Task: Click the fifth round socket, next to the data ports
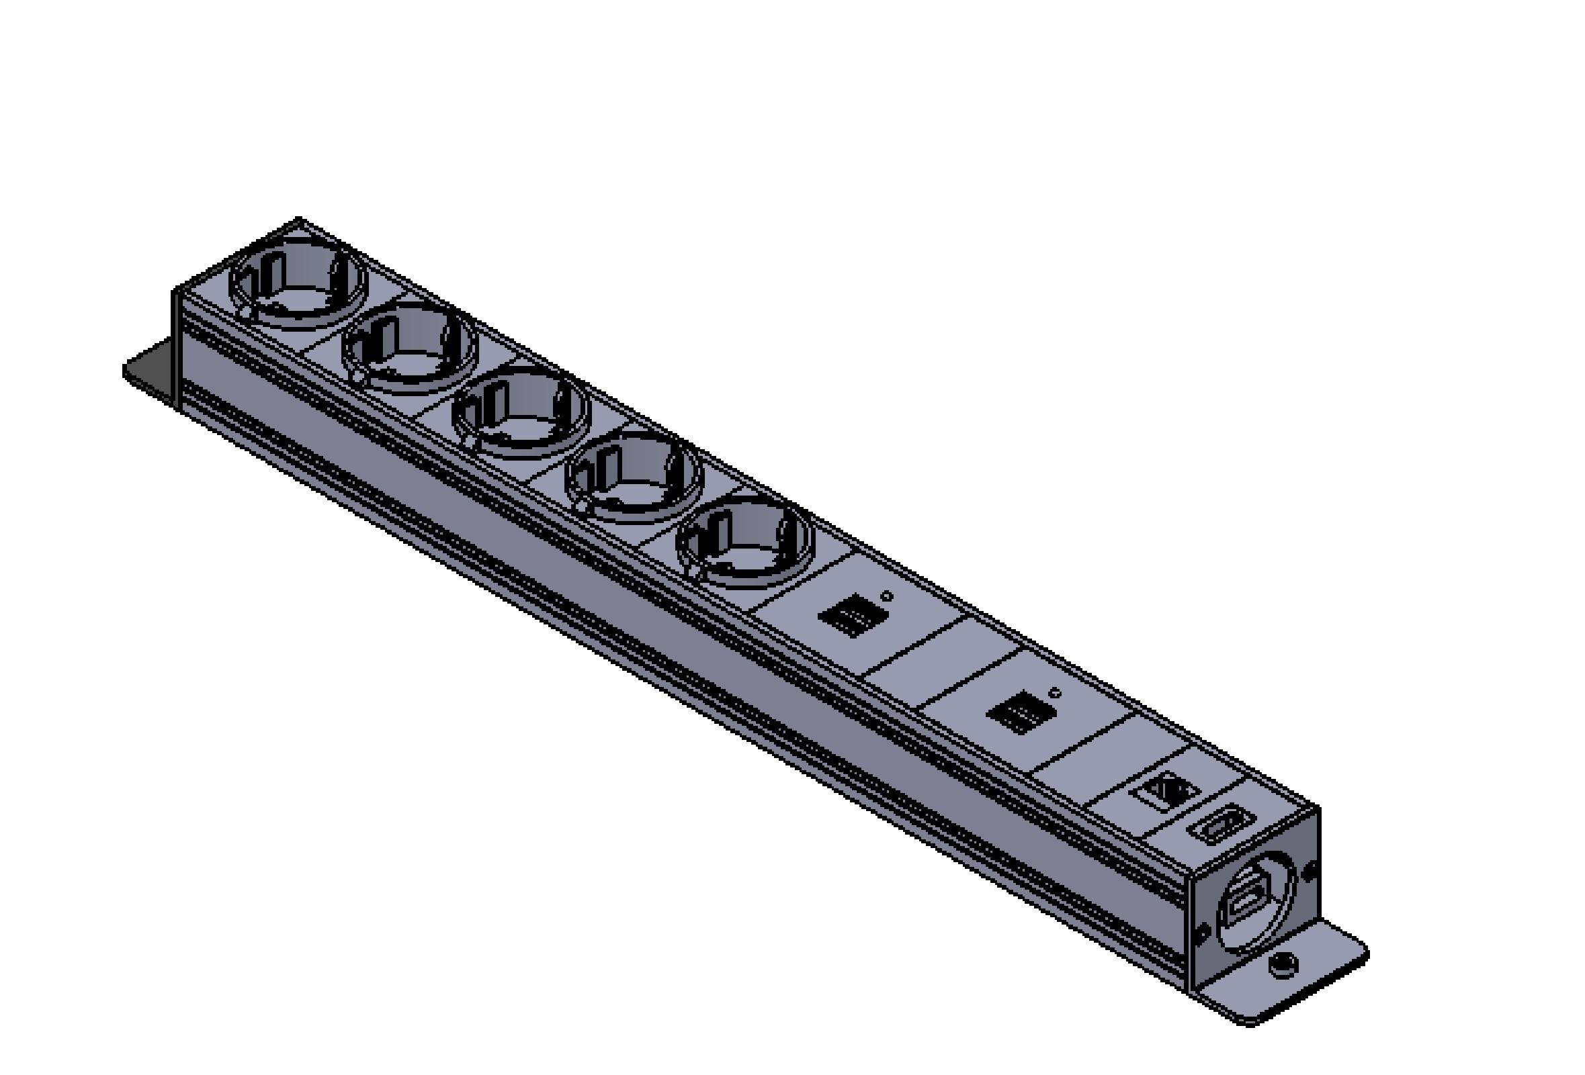point(745,539)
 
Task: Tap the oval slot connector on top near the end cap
point(1219,827)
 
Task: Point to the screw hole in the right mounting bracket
point(1283,964)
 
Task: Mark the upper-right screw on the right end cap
point(1309,870)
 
